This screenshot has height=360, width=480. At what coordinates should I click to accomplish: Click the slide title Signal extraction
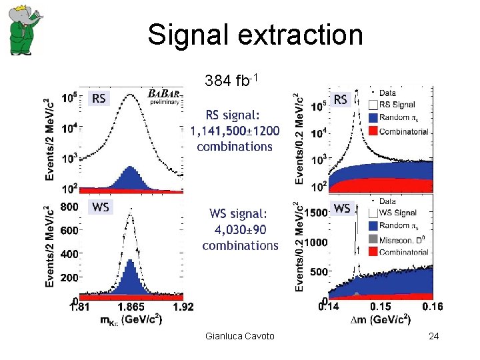pos(255,35)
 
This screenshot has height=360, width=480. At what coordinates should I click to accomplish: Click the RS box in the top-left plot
pos(99,99)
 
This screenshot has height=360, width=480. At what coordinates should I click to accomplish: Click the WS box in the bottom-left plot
pos(100,207)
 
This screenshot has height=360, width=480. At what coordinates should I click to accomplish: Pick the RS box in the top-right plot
pos(341,100)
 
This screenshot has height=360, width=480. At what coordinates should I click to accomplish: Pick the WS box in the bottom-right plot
pos(341,209)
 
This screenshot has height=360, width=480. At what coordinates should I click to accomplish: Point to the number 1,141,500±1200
pos(235,131)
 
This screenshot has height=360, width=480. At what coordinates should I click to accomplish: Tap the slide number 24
pos(434,336)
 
